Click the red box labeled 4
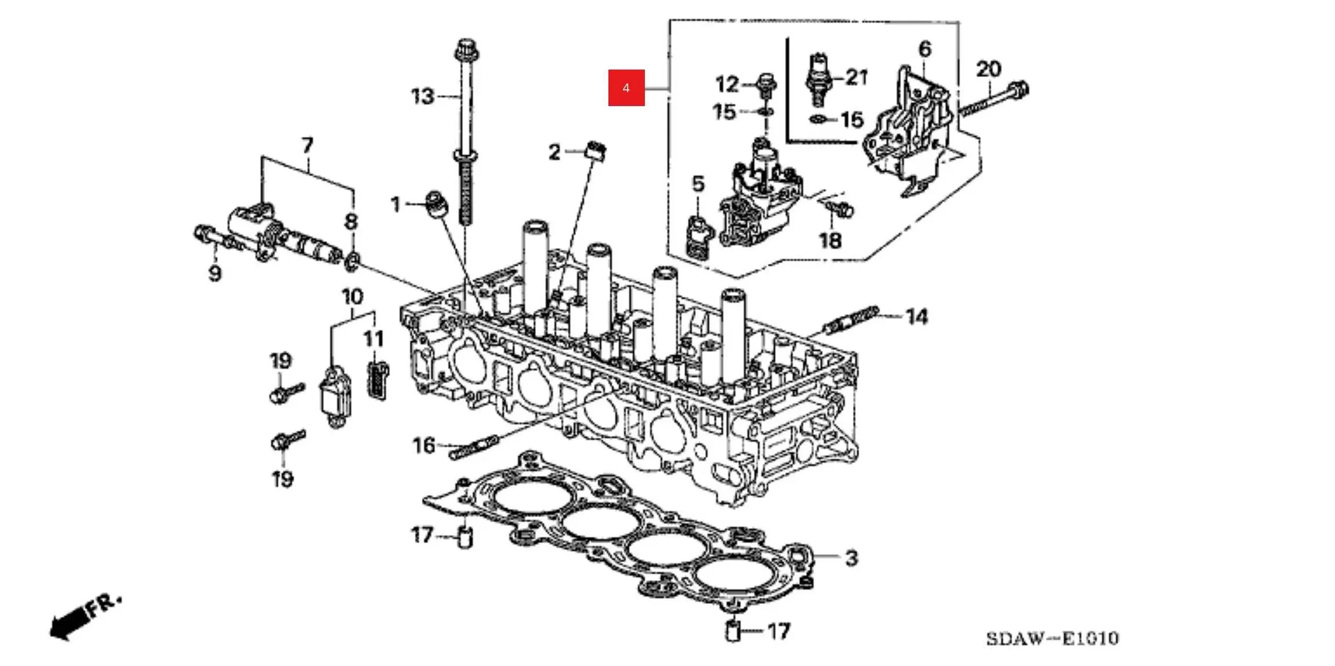[626, 88]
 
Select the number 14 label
[917, 317]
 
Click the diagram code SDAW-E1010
[1052, 639]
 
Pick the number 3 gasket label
[851, 558]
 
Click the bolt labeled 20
[993, 100]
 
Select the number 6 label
[925, 49]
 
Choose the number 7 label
[307, 145]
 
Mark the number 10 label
[352, 297]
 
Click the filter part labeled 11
[378, 381]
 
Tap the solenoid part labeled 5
[699, 236]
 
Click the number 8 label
[351, 221]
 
